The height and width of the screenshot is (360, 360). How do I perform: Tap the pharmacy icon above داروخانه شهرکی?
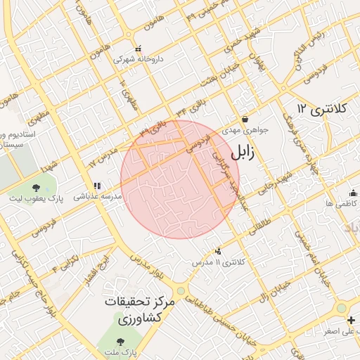pos(139,49)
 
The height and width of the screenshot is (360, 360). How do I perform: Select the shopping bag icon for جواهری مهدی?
pos(243,119)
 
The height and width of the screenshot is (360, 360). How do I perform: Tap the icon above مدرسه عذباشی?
pos(96,186)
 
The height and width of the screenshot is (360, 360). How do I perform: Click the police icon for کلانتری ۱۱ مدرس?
pos(218,251)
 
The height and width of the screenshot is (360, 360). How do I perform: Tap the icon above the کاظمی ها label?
pos(352,193)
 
